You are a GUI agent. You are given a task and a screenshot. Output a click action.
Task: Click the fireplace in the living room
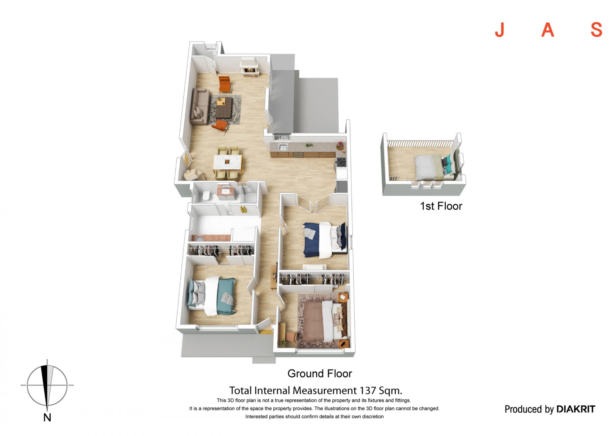tap(249, 67)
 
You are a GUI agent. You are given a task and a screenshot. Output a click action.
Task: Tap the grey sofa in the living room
tap(199, 107)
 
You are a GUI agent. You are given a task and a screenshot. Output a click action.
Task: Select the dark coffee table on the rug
tap(224, 107)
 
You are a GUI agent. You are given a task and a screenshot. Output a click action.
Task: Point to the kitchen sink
tap(283, 147)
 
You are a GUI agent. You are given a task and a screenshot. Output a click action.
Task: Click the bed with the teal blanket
tap(212, 296)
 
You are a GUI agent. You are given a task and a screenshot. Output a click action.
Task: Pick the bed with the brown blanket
tap(324, 321)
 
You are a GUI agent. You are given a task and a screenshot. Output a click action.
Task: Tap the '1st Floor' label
tap(441, 206)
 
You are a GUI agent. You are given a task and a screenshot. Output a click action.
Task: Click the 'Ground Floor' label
tap(320, 374)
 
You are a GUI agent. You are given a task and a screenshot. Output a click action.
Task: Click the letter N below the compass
tap(47, 417)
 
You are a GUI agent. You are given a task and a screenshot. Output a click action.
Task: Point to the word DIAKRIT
tap(576, 409)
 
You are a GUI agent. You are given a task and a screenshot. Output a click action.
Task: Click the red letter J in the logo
tap(500, 30)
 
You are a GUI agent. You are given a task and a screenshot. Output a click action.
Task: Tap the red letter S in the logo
tap(596, 30)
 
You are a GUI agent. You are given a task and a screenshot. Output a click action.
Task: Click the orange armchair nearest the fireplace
tap(225, 84)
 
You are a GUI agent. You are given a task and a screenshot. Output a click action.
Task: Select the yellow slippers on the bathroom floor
tap(243, 209)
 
